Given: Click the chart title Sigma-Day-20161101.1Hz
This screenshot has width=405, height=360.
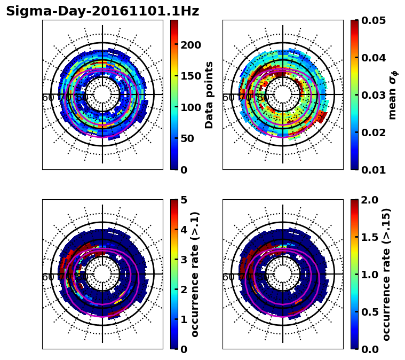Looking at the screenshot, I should [x=102, y=11].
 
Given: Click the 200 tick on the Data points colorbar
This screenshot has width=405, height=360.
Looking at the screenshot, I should [x=190, y=45].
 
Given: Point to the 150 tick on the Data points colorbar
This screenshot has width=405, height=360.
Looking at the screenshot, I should [x=190, y=76].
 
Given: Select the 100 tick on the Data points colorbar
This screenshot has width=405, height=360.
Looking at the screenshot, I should [x=190, y=107].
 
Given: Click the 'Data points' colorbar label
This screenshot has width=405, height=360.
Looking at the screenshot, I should [x=209, y=95].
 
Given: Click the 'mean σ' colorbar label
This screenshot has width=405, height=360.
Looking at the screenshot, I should [x=392, y=95].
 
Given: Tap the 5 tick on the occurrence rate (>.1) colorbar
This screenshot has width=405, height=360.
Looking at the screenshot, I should [x=183, y=200].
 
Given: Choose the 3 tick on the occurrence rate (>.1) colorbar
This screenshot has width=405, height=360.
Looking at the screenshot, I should [x=183, y=260].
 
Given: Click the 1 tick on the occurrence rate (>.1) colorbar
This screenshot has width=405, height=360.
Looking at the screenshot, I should [x=183, y=319].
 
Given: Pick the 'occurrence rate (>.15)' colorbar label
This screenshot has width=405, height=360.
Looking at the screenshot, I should [x=387, y=274].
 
